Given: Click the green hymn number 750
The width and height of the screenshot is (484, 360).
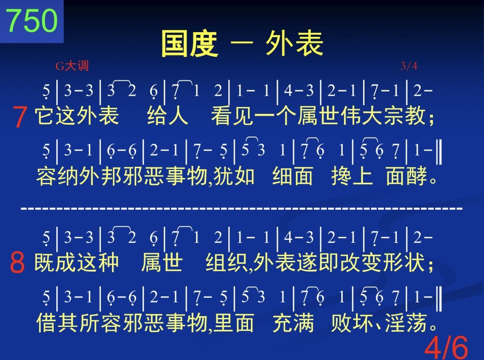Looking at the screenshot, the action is point(32,20).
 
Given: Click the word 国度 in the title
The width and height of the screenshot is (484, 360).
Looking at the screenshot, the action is point(190,44).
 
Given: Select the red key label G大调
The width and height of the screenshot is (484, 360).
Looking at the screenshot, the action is point(72,66).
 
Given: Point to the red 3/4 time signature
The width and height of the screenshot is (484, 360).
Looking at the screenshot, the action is point(409,66).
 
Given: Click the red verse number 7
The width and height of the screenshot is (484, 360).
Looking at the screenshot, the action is point(20,117).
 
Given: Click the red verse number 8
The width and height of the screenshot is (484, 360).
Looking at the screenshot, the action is point(17,263).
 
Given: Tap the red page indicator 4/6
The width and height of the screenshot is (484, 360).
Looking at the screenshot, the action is point(447,347).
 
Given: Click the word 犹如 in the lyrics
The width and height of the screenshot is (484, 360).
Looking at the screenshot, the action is point(233,176).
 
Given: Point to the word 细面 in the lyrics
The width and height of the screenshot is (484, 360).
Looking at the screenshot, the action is point(293,176).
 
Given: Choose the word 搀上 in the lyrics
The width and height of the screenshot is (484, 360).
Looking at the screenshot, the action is point(352,176).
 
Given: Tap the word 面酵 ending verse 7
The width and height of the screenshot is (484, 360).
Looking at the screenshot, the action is point(406,176).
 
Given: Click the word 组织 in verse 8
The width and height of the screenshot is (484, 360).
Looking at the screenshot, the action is point(226,262).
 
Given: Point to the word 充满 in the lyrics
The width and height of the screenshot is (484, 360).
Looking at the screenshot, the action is point(293,323).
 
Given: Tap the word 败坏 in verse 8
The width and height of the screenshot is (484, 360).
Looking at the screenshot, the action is point(352,323).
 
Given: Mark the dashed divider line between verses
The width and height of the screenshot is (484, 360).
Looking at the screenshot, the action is point(242,208).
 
